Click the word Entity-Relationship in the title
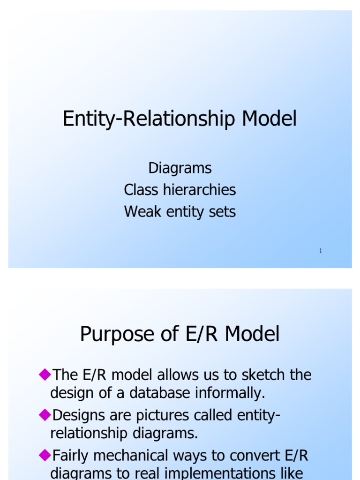tap(150, 119)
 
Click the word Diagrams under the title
tap(180, 168)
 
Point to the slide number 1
tap(321, 251)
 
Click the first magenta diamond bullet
tap(45, 374)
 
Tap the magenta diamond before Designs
tap(45, 414)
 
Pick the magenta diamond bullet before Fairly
tap(45, 454)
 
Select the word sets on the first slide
tap(223, 212)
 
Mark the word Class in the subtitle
tap(141, 190)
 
